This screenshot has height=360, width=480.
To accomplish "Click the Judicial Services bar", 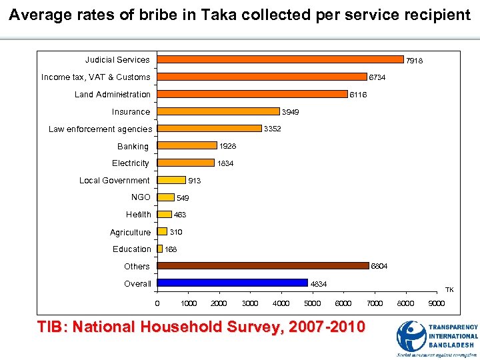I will [x=280, y=59].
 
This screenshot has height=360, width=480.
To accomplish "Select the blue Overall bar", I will [x=233, y=283].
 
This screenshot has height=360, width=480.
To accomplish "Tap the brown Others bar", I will [x=263, y=265].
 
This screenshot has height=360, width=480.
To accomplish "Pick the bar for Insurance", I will [x=219, y=111].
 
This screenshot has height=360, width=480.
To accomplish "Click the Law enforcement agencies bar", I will [x=209, y=128].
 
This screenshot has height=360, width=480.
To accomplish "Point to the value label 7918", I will [x=415, y=61].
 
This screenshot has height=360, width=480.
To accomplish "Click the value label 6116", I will [x=359, y=95].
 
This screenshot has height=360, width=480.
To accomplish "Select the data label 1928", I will [x=228, y=145].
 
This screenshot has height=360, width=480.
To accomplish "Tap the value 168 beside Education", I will [x=171, y=249].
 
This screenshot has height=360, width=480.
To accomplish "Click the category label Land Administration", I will [x=113, y=95].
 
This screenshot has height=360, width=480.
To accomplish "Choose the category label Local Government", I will [x=115, y=181].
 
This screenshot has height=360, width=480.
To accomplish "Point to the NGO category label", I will [x=141, y=197].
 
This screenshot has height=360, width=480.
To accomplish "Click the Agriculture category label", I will [x=131, y=233].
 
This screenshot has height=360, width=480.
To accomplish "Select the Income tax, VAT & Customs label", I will [x=96, y=77].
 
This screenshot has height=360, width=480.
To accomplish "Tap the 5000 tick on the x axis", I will [x=312, y=304].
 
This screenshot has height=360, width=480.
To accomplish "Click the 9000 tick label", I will [x=436, y=304].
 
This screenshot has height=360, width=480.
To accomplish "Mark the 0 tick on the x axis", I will [x=157, y=304].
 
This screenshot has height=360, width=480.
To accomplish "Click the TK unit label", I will [x=449, y=290].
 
